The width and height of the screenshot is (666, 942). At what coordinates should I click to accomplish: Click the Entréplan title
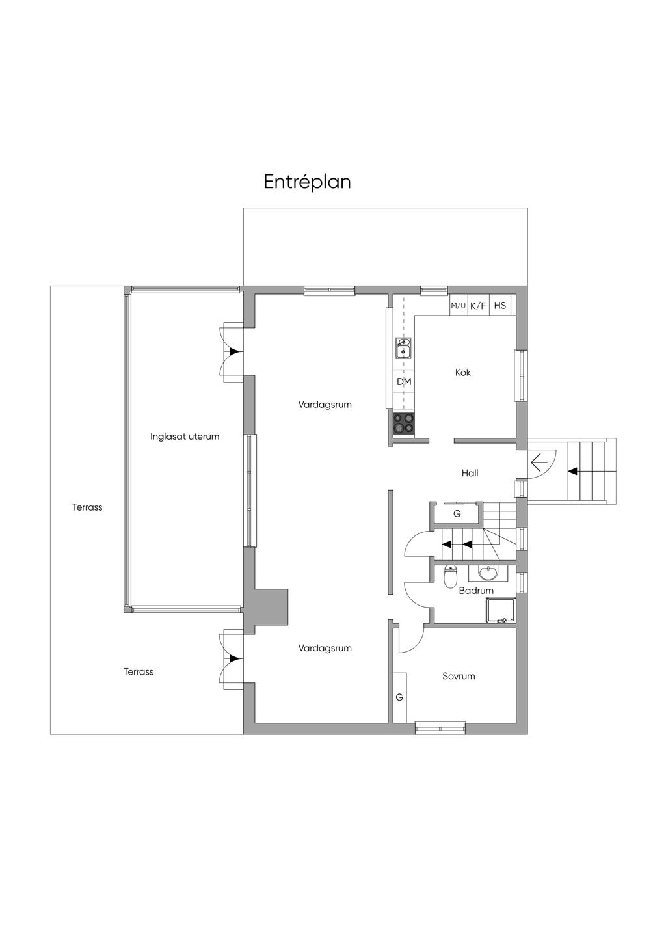[x=308, y=182]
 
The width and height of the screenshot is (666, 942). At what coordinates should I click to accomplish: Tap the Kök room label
[x=463, y=373]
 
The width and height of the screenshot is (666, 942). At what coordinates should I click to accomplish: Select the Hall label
[x=470, y=473]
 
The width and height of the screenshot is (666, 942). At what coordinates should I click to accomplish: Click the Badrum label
[x=476, y=591]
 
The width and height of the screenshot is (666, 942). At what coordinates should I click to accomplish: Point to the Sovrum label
[x=459, y=676]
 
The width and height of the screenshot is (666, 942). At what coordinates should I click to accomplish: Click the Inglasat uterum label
[x=185, y=437]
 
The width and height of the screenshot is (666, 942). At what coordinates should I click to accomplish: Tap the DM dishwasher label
[x=404, y=381]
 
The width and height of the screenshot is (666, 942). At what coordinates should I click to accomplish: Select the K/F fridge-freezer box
[x=478, y=305]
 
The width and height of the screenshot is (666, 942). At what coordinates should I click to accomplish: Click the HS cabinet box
[x=500, y=305]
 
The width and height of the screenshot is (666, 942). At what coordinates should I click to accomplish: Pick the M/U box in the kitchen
[x=459, y=305]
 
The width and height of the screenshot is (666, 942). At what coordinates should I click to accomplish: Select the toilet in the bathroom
[x=450, y=577]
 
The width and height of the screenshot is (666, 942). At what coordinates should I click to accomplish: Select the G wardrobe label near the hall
[x=457, y=513]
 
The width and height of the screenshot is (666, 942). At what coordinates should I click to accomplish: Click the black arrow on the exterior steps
[x=572, y=472]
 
